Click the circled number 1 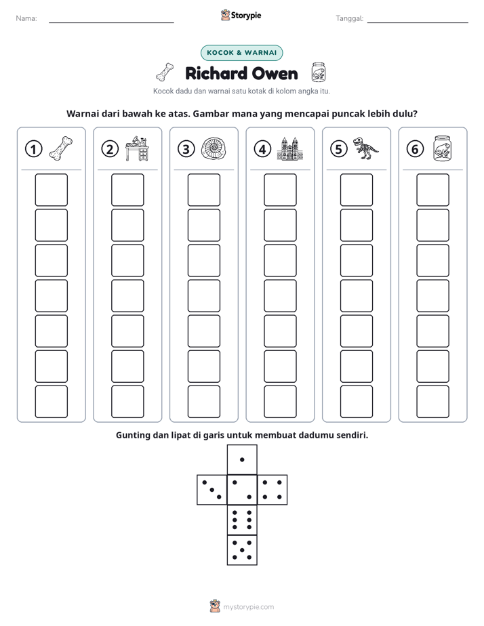(33, 149)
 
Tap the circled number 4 (262, 149)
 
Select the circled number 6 (415, 149)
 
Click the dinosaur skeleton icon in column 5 (365, 148)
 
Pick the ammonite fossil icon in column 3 (214, 148)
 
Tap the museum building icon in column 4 (290, 148)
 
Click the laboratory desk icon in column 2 (137, 148)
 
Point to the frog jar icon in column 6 (443, 148)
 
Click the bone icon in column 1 (61, 148)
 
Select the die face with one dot (242, 459)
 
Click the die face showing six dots (242, 520)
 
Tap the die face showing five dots (242, 550)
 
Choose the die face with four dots (273, 490)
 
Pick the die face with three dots (211, 490)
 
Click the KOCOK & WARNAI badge (241, 53)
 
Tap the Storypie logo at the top (241, 16)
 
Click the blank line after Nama (111, 22)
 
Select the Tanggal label (349, 18)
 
